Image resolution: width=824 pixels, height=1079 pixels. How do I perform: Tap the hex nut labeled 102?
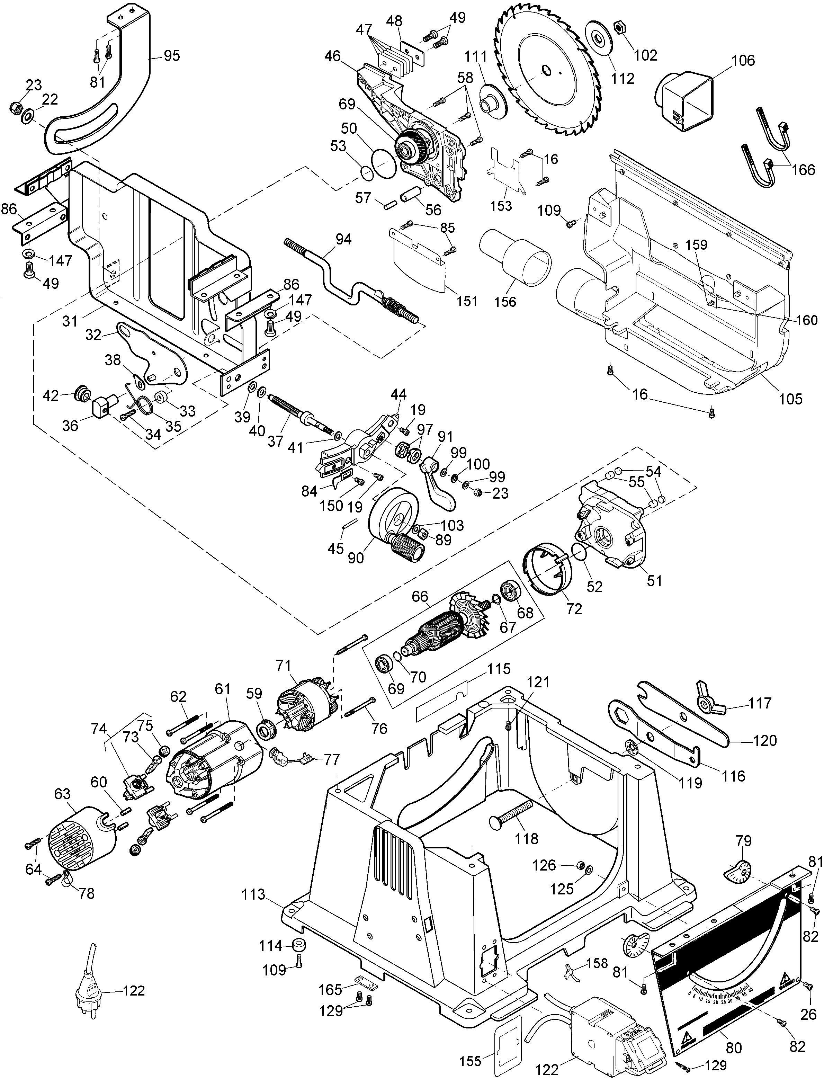pyautogui.click(x=619, y=40)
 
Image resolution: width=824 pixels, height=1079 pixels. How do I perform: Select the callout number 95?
pyautogui.click(x=172, y=56)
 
